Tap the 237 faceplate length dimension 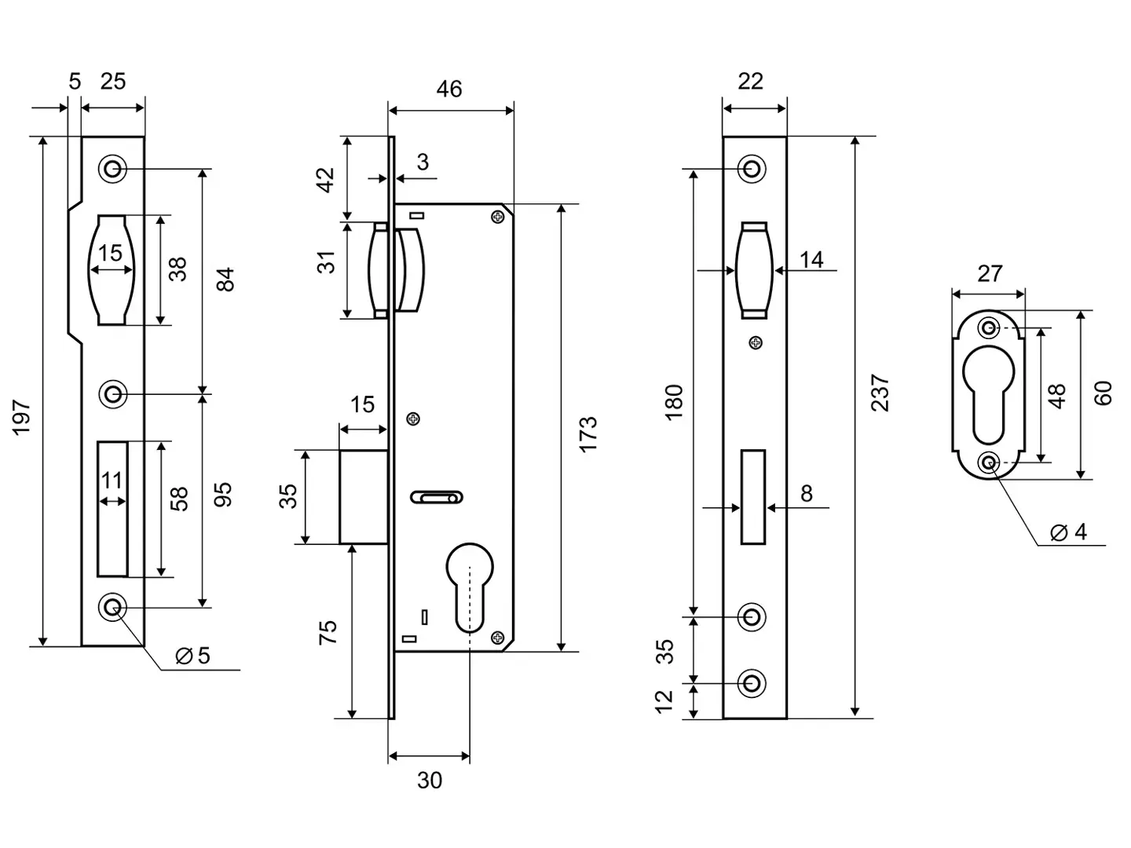coord(880,393)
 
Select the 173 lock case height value coord(587,433)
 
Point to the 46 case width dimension coord(449,90)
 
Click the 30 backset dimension coord(430,780)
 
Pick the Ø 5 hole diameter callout coord(193,655)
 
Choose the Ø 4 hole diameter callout coord(1070,532)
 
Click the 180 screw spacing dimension coord(674,402)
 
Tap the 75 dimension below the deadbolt coord(328,632)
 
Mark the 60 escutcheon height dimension coord(1104,393)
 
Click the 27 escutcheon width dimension coord(990,273)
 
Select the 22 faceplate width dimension coord(751,81)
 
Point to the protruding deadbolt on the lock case coord(363,497)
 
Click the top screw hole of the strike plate coord(113,169)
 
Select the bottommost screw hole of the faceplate coord(752,683)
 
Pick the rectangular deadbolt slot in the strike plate coord(112,508)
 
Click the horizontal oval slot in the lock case coord(436,497)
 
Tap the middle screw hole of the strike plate coord(113,393)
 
